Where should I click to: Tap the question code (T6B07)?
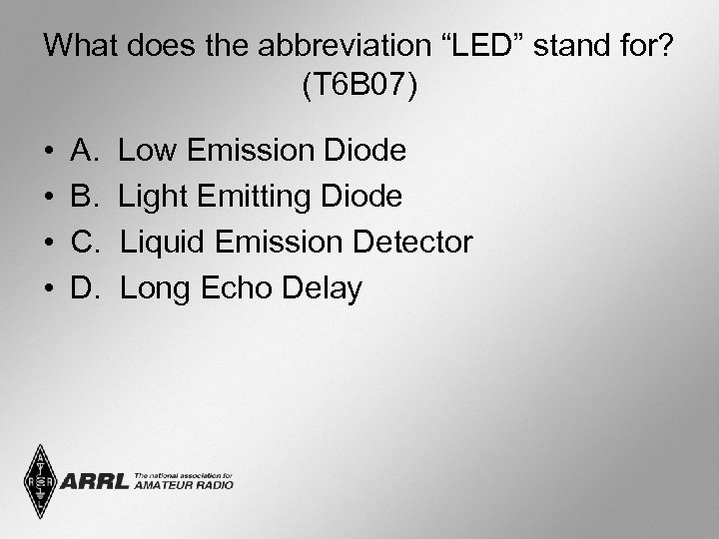[x=359, y=86]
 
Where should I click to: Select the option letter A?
[x=84, y=151]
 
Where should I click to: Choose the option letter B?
[x=84, y=197]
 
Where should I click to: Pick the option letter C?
[x=85, y=243]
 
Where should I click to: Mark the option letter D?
[x=85, y=288]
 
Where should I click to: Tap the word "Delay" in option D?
[x=322, y=288]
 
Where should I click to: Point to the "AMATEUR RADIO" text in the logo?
[x=183, y=485]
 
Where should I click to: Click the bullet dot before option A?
[x=49, y=152]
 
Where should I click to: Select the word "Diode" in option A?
[x=365, y=151]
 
